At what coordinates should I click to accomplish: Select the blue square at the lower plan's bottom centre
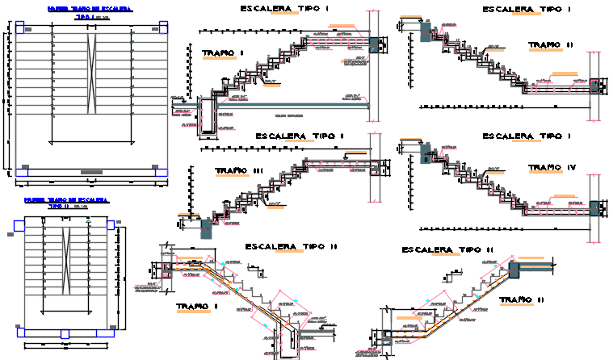(x=65, y=333)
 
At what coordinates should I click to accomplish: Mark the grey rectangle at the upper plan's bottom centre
(x=90, y=172)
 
